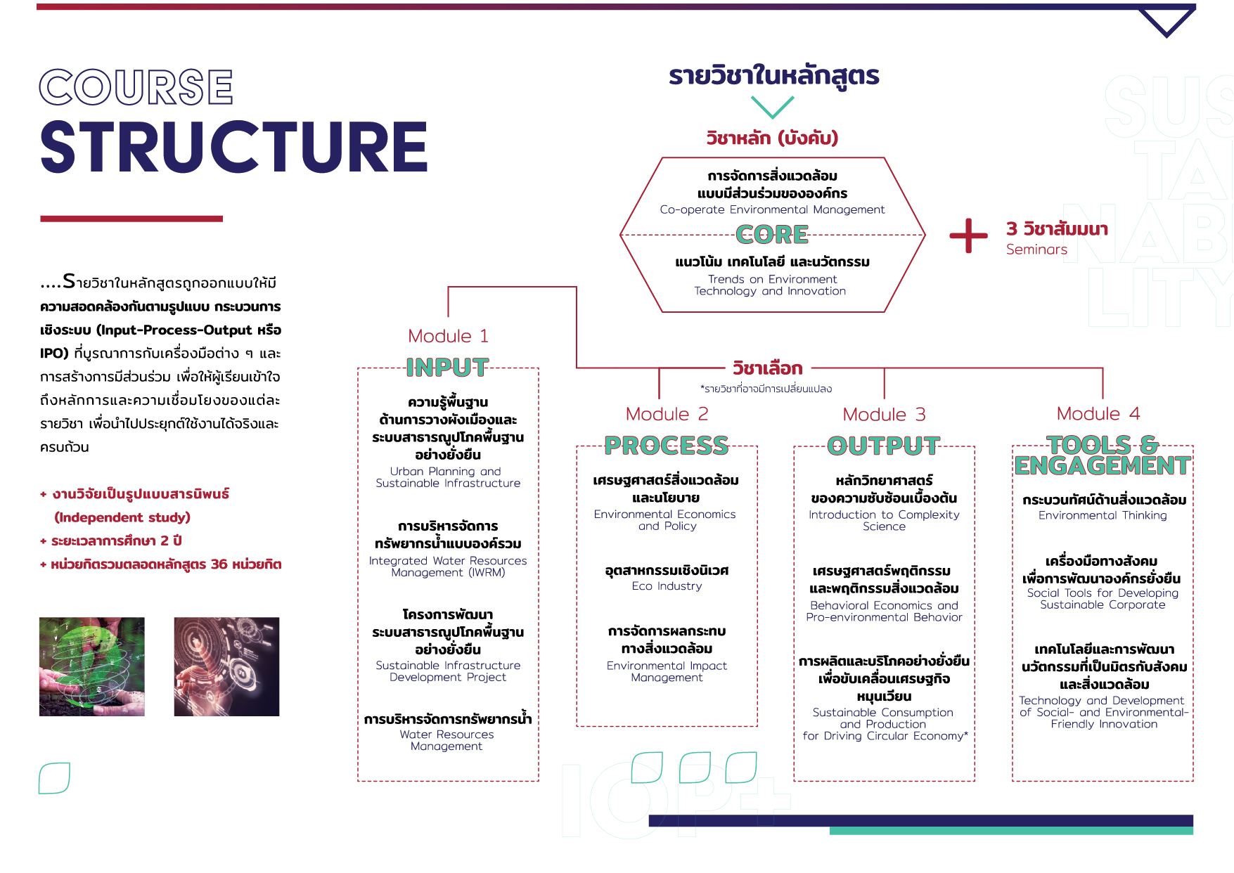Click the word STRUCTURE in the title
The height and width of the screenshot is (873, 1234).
[234, 147]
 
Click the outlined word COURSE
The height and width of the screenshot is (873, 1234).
[136, 87]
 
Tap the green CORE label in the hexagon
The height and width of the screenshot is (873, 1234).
[772, 234]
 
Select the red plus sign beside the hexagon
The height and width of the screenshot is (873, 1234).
[969, 235]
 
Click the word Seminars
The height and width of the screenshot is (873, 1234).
[1036, 250]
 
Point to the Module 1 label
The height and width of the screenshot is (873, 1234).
[448, 336]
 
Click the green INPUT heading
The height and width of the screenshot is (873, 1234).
[447, 367]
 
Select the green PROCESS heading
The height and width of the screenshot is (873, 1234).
[667, 445]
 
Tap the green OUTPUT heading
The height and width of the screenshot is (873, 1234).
[884, 445]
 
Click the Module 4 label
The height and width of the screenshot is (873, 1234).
[1098, 414]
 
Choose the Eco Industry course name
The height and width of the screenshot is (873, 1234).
[667, 586]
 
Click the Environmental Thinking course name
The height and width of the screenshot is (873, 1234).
[1103, 515]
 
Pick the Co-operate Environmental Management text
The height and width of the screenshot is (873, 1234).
[772, 209]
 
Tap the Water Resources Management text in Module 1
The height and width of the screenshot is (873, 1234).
[447, 740]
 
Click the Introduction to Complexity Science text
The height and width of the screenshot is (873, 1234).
[884, 520]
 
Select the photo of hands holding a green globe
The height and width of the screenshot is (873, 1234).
[92, 666]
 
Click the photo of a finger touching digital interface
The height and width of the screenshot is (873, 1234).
[226, 666]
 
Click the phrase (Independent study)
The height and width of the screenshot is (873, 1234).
[122, 517]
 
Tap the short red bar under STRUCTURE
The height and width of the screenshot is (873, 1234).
[131, 219]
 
